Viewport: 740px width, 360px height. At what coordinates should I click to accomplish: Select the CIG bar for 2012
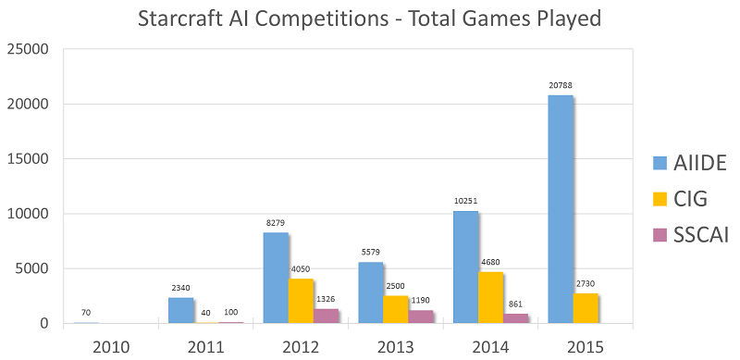[301, 301]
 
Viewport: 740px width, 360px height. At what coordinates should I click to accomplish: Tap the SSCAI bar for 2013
[421, 317]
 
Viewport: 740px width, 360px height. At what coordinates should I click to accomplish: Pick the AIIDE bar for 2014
[465, 267]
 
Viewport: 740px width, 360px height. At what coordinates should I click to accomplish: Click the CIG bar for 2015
[586, 308]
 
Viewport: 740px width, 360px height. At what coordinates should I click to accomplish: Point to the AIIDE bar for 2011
[180, 310]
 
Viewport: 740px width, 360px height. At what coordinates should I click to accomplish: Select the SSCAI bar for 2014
[515, 318]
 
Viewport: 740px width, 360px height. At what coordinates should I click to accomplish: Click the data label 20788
[561, 86]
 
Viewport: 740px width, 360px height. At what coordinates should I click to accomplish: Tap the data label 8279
[276, 223]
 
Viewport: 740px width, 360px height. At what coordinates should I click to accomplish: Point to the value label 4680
[490, 263]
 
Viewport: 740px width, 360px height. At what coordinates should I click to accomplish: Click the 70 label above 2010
[85, 313]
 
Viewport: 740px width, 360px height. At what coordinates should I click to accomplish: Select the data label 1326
[326, 299]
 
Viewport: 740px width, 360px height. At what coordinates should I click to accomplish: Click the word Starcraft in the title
[181, 18]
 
